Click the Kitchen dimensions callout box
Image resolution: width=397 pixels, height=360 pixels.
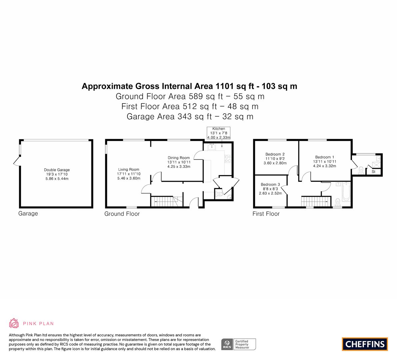[219, 133]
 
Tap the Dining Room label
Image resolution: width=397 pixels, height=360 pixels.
[178, 158]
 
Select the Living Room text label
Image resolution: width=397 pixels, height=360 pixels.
[129, 170]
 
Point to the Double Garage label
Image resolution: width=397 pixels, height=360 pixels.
[57, 170]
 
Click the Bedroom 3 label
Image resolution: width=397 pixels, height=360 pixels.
[270, 185]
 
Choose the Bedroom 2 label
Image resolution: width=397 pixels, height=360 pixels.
[275, 154]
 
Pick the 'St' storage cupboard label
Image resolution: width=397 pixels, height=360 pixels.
[373, 172]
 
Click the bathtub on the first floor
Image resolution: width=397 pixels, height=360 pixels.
[346, 192]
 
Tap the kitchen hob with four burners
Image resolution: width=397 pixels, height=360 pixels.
[228, 159]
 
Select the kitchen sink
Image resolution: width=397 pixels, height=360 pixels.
[212, 147]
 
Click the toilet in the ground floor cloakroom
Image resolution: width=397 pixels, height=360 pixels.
[219, 194]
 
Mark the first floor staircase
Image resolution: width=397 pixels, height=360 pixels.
[316, 202]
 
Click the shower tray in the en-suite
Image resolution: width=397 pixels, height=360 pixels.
[376, 165]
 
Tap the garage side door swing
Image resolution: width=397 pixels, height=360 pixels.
[17, 161]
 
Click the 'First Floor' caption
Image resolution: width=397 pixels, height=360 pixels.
[266, 214]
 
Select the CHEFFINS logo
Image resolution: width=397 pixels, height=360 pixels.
[365, 344]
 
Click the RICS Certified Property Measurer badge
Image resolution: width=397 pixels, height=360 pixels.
[239, 344]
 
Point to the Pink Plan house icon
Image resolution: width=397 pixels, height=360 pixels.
[14, 323]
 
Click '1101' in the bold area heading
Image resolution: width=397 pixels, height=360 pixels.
[224, 86]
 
